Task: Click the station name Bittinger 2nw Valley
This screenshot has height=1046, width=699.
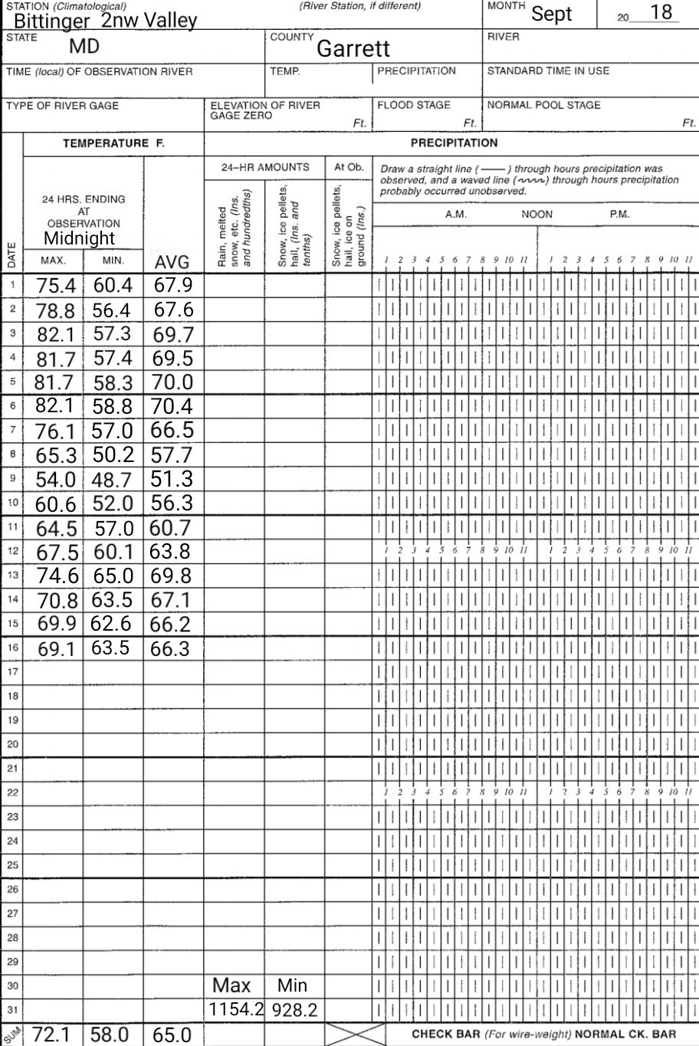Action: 105,20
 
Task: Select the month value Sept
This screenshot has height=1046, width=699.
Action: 552,14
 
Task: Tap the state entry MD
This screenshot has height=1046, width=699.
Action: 84,46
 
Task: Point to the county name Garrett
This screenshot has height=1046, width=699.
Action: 353,49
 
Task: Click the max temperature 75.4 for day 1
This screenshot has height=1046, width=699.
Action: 56,286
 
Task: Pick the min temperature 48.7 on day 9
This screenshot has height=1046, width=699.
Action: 112,480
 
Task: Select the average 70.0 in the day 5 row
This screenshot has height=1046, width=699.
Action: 172,382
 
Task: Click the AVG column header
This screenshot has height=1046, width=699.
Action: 172,263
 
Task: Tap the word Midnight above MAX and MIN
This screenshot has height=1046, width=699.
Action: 79,238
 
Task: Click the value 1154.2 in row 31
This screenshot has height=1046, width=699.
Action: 236,1009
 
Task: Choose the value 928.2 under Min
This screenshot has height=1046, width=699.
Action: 294,1011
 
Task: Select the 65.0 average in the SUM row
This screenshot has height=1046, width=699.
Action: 172,1035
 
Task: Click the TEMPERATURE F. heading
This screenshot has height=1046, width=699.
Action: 113,143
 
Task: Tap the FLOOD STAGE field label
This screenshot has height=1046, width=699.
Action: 413,106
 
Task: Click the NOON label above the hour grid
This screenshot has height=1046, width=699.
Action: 537,215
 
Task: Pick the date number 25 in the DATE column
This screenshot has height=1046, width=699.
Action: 12,864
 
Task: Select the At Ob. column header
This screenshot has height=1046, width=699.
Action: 348,167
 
